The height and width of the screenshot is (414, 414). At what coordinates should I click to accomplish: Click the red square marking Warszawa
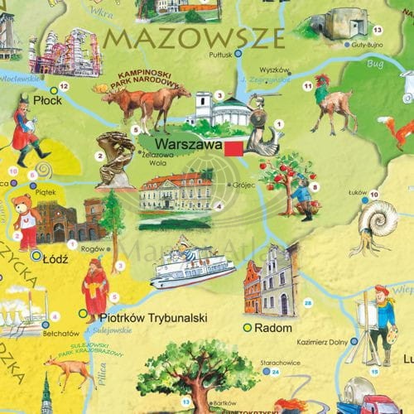pyautogui.click(x=233, y=147)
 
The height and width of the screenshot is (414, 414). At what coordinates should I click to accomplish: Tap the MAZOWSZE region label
pyautogui.click(x=195, y=37)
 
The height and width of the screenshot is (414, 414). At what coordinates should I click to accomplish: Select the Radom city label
pyautogui.click(x=275, y=329)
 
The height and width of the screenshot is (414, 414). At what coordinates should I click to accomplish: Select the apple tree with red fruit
pyautogui.click(x=282, y=181)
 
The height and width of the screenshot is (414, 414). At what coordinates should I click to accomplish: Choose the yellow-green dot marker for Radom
pyautogui.click(x=246, y=328)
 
